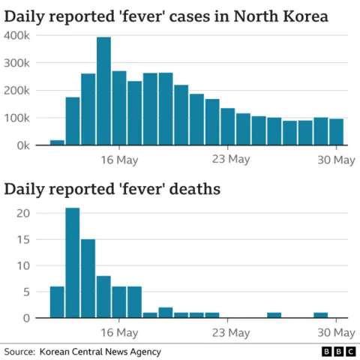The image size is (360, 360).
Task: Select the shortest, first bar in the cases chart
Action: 57,142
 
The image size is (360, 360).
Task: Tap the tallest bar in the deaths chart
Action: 73,262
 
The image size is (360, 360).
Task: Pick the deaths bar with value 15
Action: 88,278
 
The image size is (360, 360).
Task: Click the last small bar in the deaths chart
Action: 321,315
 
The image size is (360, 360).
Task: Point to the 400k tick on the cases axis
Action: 17,35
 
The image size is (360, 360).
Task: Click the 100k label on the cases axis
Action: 17,118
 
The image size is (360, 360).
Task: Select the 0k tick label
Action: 21,145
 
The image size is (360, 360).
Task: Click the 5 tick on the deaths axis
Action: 25,292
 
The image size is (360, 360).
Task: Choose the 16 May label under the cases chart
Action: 118,159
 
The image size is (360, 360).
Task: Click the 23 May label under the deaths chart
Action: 229,331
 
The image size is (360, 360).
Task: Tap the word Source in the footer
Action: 19,351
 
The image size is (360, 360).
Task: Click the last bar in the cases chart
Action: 337,132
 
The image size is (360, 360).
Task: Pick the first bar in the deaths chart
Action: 57,302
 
